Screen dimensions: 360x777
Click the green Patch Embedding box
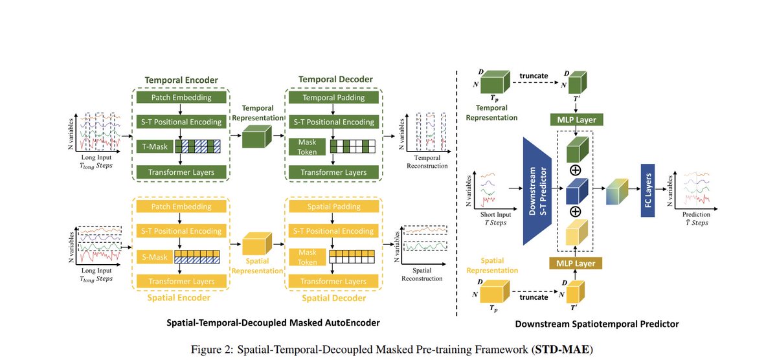point(181,98)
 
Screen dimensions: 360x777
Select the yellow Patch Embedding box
point(181,207)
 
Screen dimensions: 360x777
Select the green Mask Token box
point(306,147)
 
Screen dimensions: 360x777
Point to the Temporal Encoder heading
point(181,79)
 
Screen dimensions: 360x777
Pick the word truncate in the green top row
point(534,74)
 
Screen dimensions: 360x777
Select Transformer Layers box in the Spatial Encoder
point(181,282)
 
